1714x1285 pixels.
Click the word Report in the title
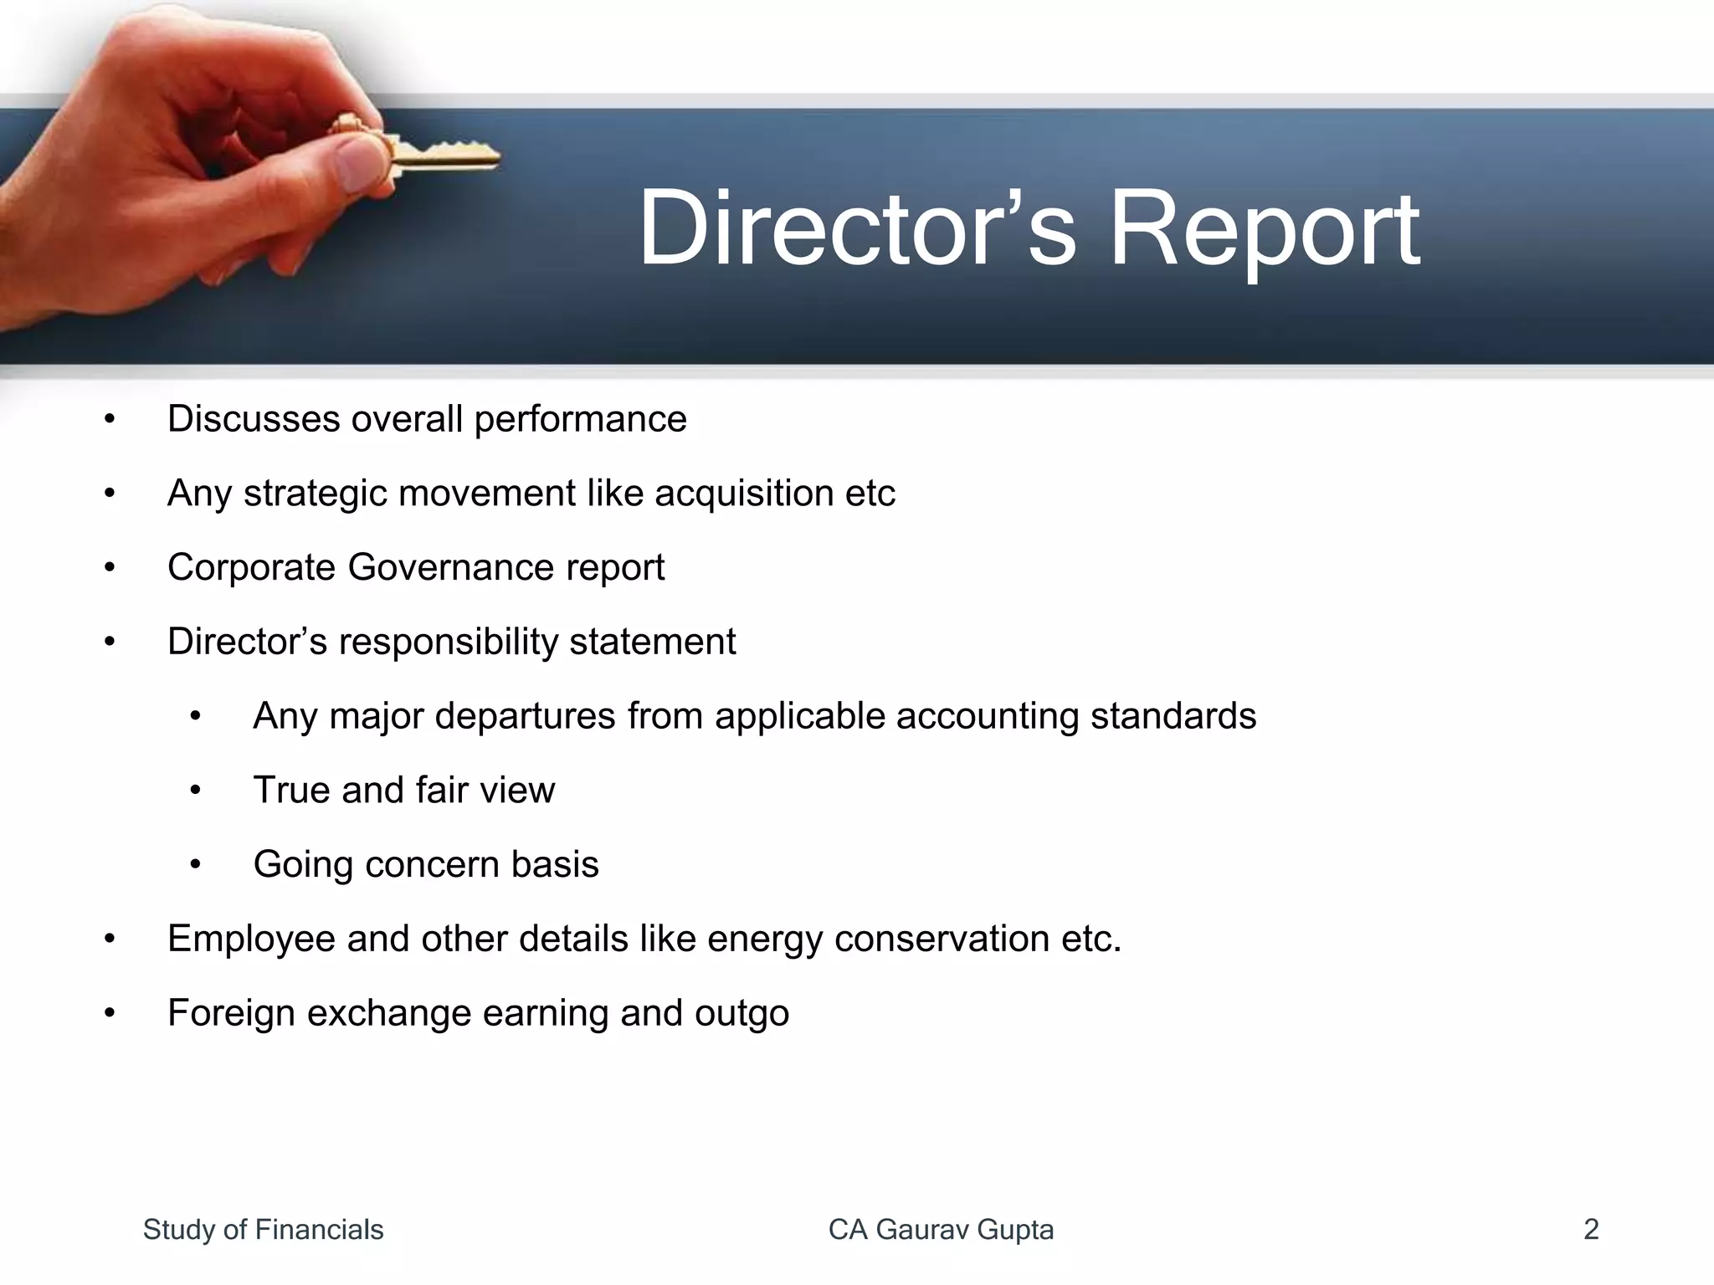click(x=1264, y=228)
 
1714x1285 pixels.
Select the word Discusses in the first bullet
click(x=253, y=419)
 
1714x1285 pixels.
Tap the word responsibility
click(x=448, y=642)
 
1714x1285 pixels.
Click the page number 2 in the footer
click(x=1591, y=1230)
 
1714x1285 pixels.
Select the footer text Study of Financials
click(x=263, y=1230)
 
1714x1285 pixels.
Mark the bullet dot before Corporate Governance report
click(x=110, y=568)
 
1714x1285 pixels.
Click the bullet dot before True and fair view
click(x=195, y=791)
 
